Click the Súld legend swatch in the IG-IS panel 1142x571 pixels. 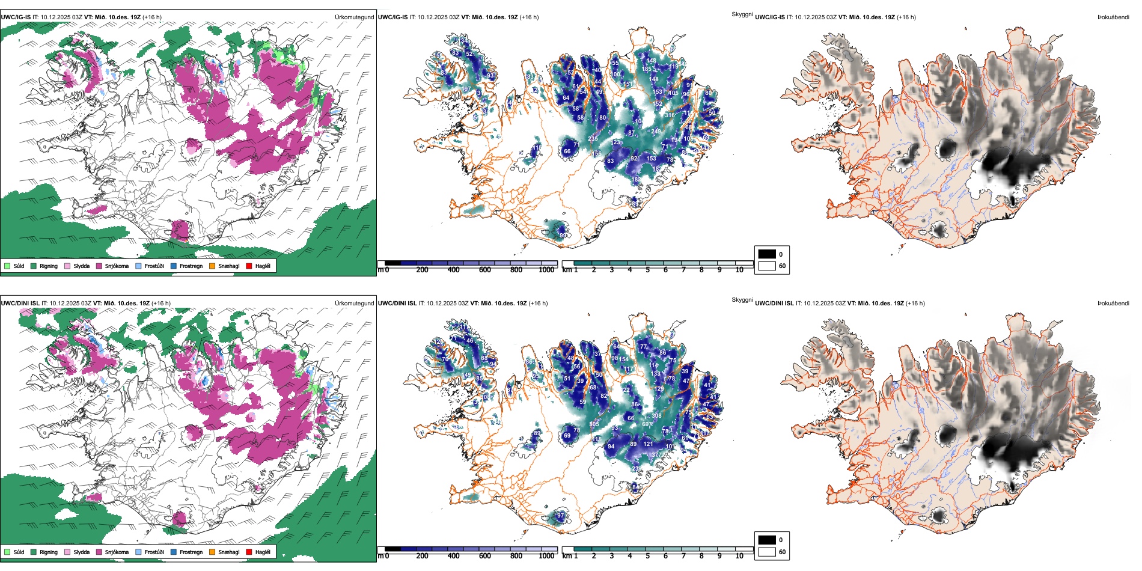pyautogui.click(x=7, y=266)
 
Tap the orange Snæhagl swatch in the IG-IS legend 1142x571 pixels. pyautogui.click(x=212, y=266)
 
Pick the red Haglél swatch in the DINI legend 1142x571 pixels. pyautogui.click(x=249, y=552)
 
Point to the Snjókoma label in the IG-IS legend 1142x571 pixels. pyautogui.click(x=117, y=266)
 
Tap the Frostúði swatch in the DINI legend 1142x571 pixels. pyautogui.click(x=138, y=552)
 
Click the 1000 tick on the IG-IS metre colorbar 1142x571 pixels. pyautogui.click(x=546, y=270)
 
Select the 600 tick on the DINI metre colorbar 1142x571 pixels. pyautogui.click(x=485, y=556)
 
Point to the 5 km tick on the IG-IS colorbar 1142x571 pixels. pyautogui.click(x=647, y=270)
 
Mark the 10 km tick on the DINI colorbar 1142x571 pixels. pyautogui.click(x=739, y=556)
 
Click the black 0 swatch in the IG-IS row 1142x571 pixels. pyautogui.click(x=766, y=254)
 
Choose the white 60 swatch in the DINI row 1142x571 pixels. pyautogui.click(x=766, y=552)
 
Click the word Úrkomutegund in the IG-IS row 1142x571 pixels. pyautogui.click(x=354, y=17)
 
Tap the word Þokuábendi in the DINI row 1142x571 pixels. pyautogui.click(x=1113, y=304)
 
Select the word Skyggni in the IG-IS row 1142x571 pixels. pyautogui.click(x=742, y=14)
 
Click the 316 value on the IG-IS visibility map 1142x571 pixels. pyautogui.click(x=670, y=115)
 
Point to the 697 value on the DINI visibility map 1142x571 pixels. pyautogui.click(x=647, y=424)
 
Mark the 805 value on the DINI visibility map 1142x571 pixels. pyautogui.click(x=594, y=424)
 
